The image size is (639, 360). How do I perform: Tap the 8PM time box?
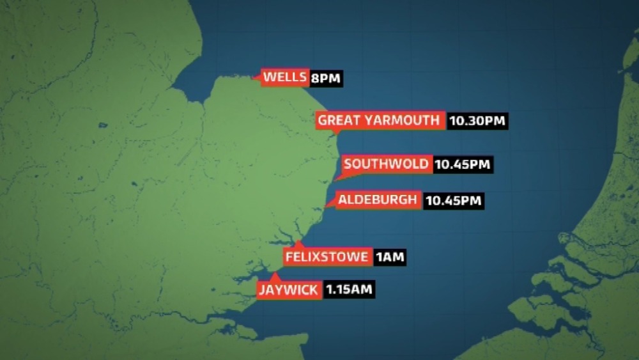coord(326,79)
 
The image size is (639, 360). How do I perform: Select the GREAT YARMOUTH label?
coord(380,120)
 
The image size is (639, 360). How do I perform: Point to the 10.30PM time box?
coord(478,121)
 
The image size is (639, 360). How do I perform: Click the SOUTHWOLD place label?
coord(386,164)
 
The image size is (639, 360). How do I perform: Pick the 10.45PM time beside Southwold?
coord(463,164)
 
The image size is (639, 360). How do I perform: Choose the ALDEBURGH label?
coord(377,200)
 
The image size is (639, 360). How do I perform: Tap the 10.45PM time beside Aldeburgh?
coord(453,201)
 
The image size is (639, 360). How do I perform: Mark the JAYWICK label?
coord(289,290)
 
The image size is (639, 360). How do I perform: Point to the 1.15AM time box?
coord(348,290)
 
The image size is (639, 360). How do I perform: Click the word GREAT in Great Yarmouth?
coord(339,120)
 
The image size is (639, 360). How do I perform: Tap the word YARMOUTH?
coord(403,120)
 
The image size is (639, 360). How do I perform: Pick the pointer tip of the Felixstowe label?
coord(298,242)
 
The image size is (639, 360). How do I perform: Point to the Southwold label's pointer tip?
coord(334,180)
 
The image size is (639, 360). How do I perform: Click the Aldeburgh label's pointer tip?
coord(326,207)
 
